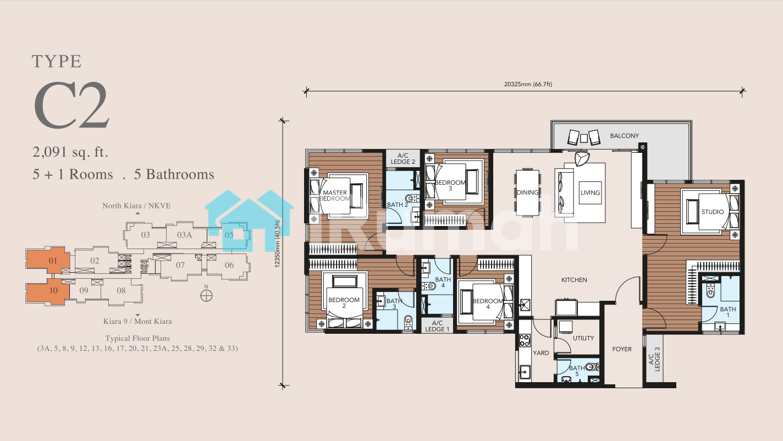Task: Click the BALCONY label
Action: [624, 136]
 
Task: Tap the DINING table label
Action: [527, 192]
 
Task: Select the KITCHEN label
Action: [574, 280]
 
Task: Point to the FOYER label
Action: [622, 349]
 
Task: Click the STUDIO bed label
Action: [713, 212]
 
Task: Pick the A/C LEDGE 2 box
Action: [403, 158]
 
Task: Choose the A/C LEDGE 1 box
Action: [437, 326]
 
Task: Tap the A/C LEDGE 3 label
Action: [654, 359]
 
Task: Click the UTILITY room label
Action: [583, 338]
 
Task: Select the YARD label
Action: [541, 353]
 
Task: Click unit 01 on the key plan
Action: [53, 261]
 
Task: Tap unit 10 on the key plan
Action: [53, 290]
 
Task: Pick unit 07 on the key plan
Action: [180, 265]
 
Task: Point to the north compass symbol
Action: [206, 296]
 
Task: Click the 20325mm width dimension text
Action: [528, 84]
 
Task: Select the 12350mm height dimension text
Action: [278, 244]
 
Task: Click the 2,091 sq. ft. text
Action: [70, 152]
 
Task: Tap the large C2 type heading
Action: [71, 106]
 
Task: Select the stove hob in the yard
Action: [525, 340]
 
